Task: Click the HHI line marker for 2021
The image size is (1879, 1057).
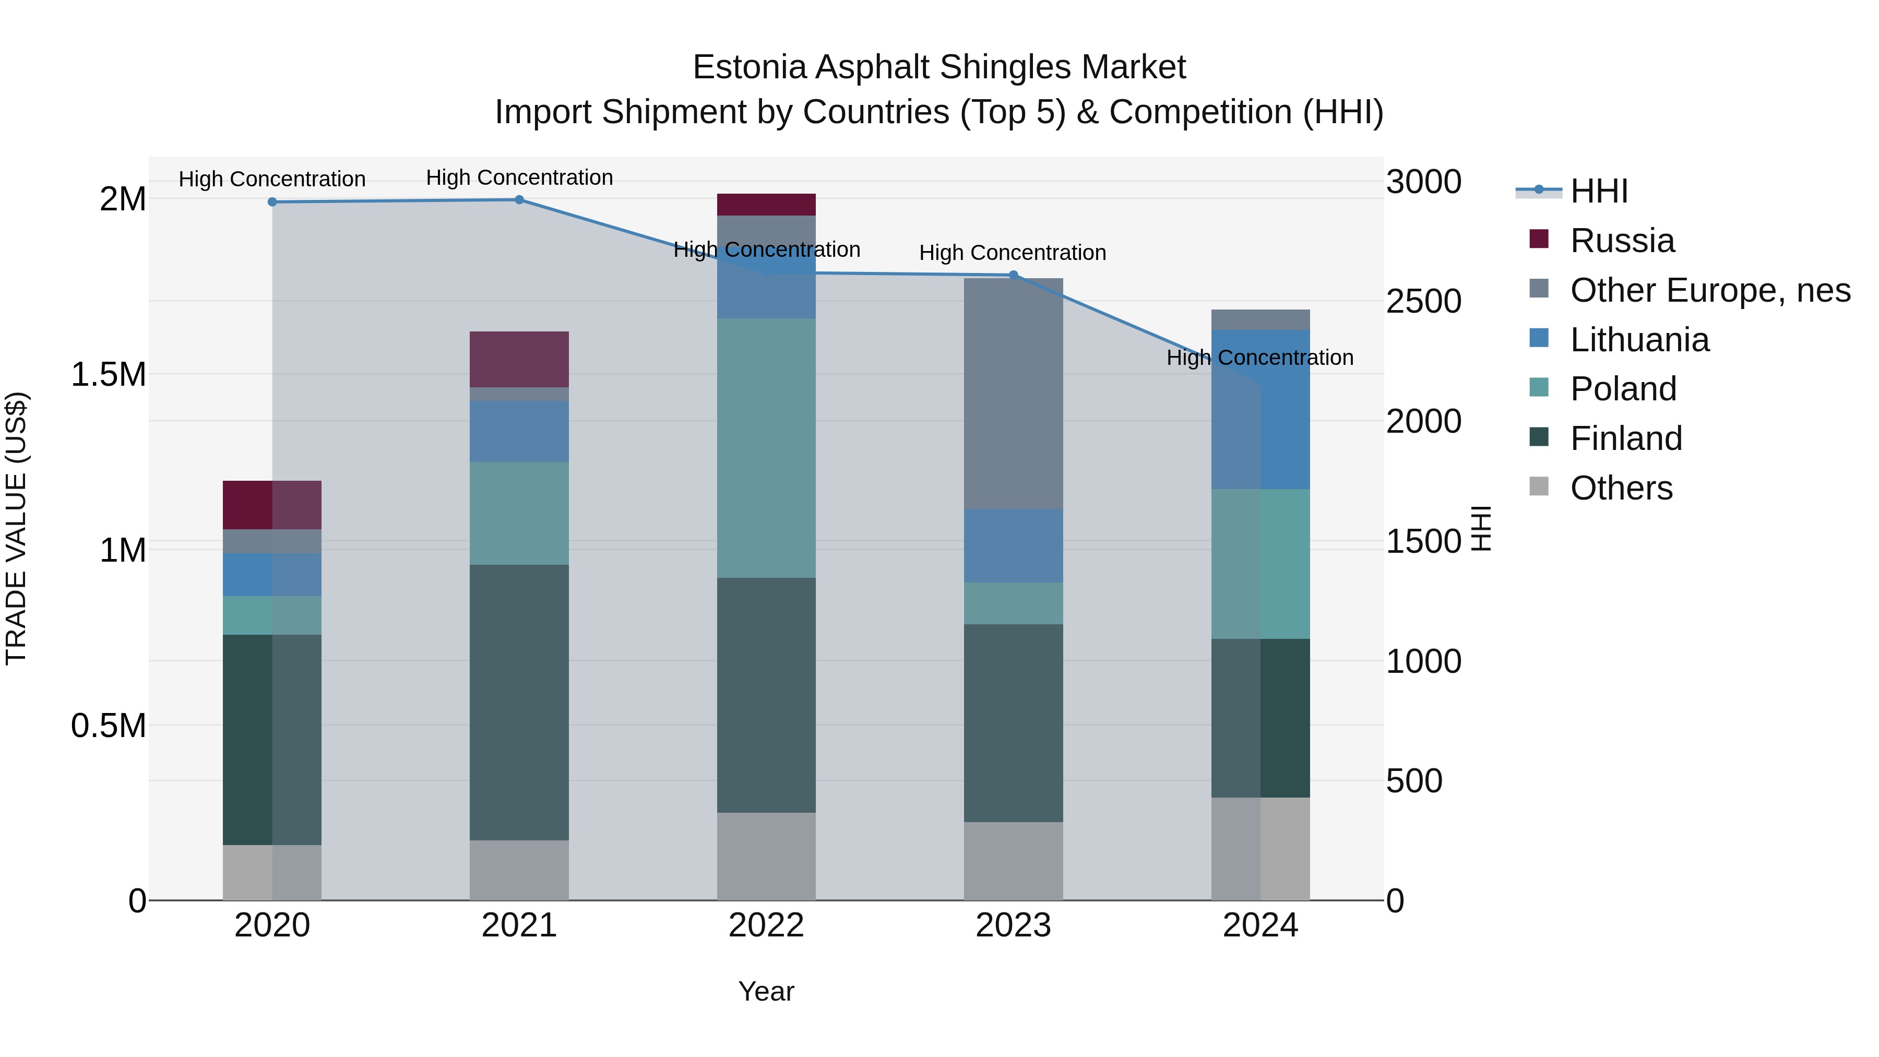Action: (519, 200)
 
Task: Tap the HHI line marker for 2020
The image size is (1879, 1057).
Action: (272, 202)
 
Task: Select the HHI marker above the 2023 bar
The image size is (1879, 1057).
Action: (1013, 275)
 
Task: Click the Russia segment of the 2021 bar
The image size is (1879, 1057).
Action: (519, 359)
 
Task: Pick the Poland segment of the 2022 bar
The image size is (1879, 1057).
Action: (766, 448)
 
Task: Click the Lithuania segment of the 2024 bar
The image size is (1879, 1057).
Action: (1260, 409)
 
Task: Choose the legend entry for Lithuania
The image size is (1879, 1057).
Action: (1638, 340)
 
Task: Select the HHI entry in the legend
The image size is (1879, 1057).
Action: (1598, 191)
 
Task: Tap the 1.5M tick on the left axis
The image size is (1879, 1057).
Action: (108, 374)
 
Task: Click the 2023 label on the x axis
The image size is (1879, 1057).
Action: (1013, 925)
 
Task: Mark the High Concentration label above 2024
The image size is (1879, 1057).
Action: (1260, 358)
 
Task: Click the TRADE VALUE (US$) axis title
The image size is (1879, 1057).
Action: (16, 528)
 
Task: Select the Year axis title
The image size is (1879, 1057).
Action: (766, 991)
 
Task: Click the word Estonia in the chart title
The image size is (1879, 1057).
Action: (749, 67)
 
